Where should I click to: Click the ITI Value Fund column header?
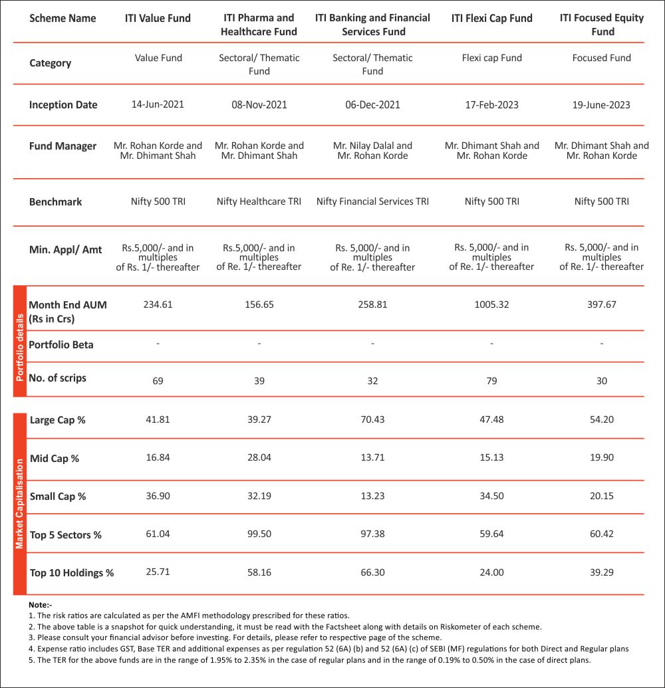coord(158,19)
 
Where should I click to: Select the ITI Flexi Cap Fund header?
coord(491,19)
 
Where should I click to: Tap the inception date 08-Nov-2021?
coord(259,104)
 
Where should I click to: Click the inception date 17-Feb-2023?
coord(491,104)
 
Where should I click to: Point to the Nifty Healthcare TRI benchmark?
coord(259,201)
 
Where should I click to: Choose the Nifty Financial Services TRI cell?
coord(372,201)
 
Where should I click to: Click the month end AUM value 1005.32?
coord(491,304)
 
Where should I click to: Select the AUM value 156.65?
coord(259,304)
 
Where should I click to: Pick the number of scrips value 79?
coord(491,381)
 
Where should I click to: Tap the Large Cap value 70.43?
coord(372,420)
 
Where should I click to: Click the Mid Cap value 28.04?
coord(259,458)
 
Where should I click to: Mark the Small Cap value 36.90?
coord(158,496)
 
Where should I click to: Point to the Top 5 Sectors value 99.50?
coord(259,534)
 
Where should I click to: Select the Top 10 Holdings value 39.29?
coord(602,572)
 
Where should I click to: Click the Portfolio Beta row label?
coord(61,344)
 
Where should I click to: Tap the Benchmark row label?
coord(56,201)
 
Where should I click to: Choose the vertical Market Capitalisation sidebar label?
coord(19,503)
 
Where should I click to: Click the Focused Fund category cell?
coord(602,58)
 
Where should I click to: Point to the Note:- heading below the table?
coord(40,605)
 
